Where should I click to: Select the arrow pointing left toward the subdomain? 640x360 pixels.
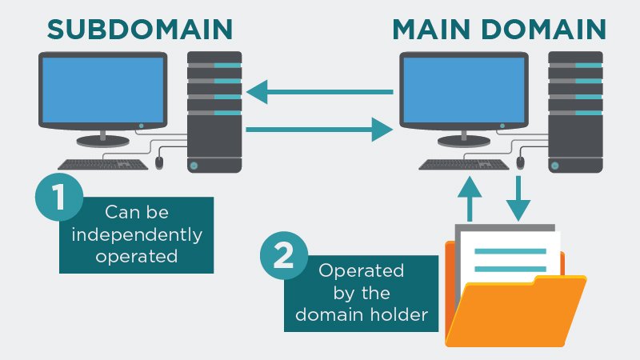tap(320, 93)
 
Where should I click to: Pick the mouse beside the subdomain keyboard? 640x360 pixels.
tap(158, 162)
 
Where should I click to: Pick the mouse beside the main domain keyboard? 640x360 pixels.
tap(521, 162)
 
